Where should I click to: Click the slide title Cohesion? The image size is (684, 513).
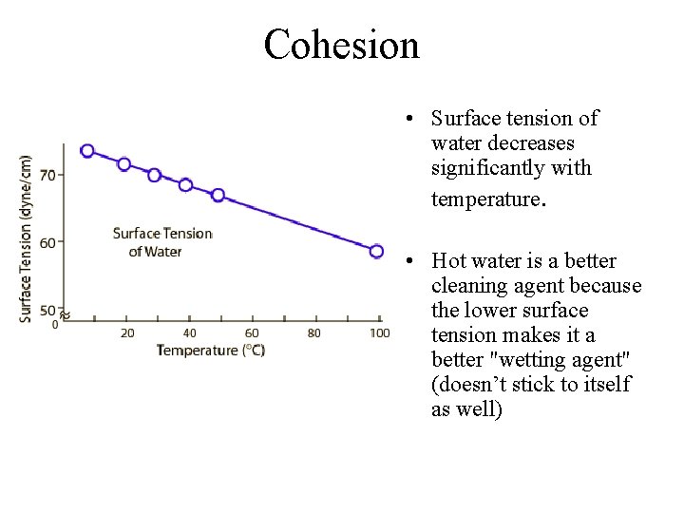click(341, 45)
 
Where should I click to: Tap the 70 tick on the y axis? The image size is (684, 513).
click(47, 175)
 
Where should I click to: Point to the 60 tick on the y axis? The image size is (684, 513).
click(47, 241)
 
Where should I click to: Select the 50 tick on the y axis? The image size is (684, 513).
click(47, 311)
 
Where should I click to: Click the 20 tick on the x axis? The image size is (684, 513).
click(127, 332)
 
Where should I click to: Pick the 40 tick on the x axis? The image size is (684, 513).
click(190, 332)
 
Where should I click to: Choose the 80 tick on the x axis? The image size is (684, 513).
click(314, 332)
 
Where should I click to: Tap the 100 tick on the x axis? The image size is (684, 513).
click(379, 332)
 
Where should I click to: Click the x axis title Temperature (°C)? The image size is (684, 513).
click(211, 351)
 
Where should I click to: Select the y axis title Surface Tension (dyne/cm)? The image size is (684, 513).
click(26, 238)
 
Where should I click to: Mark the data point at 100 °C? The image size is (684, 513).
click(376, 252)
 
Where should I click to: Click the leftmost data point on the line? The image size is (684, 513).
click(87, 151)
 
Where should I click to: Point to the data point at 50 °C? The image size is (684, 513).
click(218, 195)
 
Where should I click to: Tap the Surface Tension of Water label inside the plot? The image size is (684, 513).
click(161, 242)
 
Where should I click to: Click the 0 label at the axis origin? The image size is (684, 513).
click(55, 325)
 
